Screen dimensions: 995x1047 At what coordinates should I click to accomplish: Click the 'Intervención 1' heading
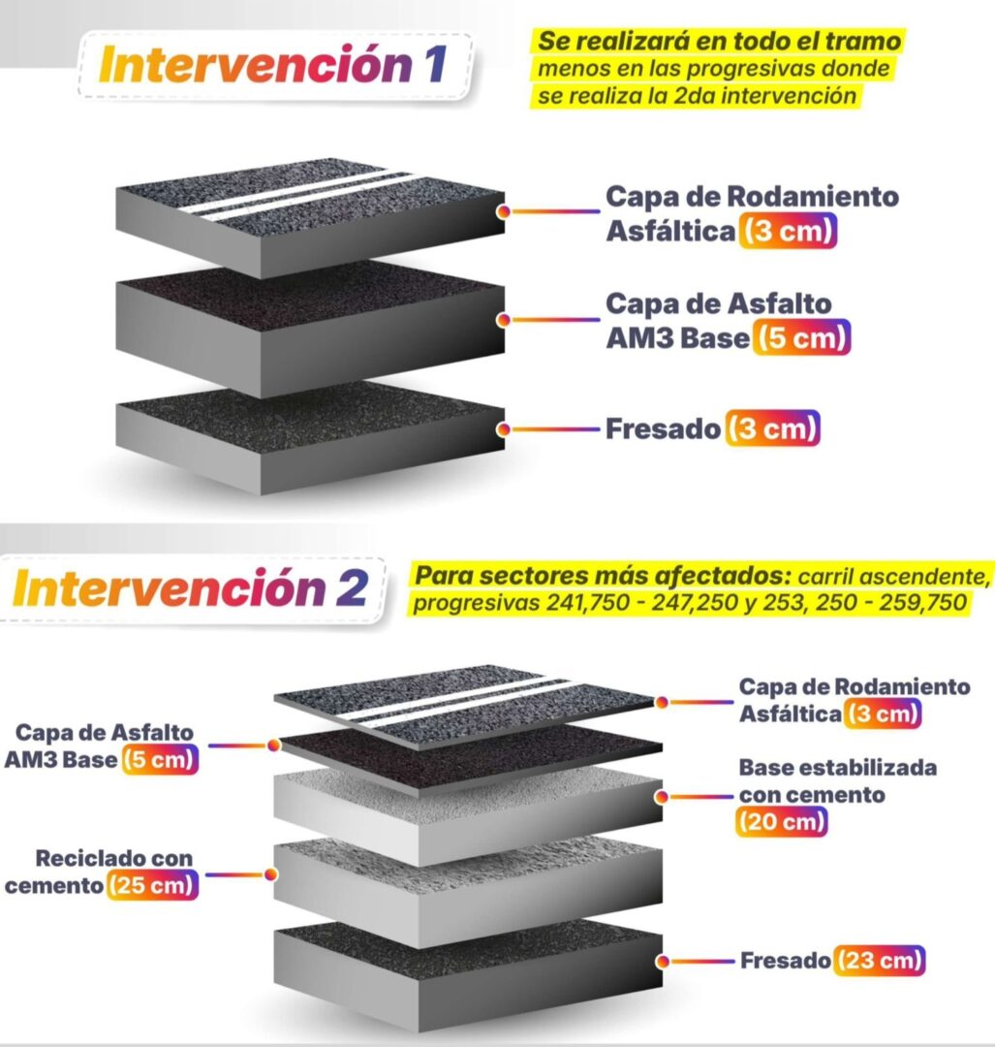(273, 65)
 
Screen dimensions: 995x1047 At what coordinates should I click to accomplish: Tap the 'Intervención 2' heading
(190, 587)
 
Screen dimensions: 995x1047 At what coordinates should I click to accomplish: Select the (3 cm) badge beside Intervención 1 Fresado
(772, 428)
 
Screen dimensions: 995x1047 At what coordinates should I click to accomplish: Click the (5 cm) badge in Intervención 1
(801, 337)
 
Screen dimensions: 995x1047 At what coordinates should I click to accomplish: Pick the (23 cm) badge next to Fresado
(879, 960)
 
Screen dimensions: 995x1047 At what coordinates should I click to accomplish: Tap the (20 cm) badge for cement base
(782, 821)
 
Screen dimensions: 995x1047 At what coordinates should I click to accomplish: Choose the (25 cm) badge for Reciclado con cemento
(152, 885)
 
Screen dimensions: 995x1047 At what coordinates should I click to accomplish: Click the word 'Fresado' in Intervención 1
(663, 428)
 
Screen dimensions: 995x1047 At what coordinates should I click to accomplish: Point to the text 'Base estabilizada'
(837, 768)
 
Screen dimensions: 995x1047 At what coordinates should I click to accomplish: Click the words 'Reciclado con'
(114, 858)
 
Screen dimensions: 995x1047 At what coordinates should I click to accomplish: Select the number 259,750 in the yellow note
(922, 602)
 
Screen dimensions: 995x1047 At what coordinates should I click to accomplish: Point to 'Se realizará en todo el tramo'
(720, 41)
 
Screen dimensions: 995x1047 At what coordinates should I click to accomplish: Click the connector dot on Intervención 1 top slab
(503, 211)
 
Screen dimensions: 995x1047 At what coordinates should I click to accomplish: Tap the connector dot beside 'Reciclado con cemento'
(271, 874)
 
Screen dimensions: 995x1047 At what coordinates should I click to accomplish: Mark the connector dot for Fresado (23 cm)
(662, 962)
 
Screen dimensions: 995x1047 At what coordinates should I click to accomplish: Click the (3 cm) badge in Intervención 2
(883, 714)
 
